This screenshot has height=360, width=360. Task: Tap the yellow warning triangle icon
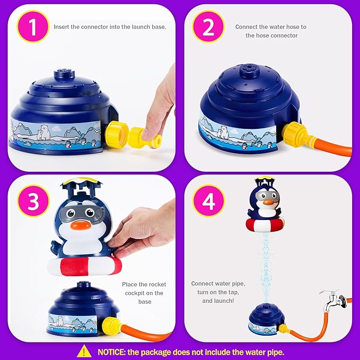coord(84,350)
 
